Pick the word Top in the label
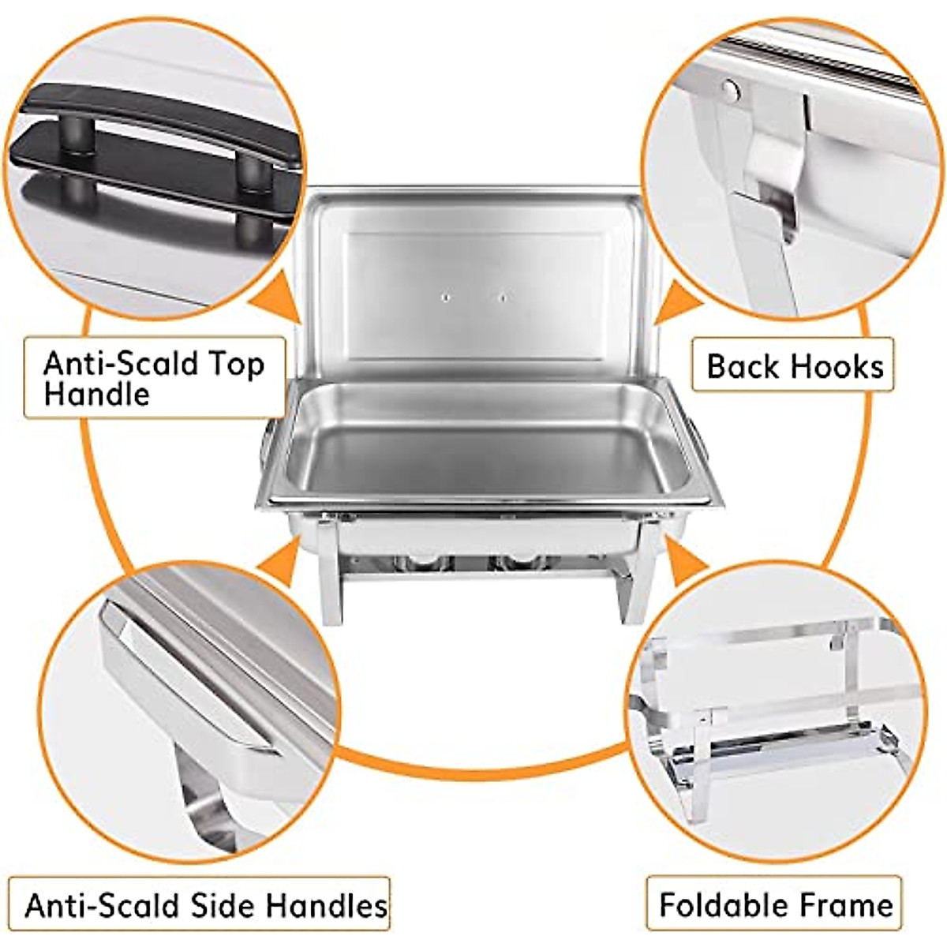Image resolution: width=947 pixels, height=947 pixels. tap(236, 364)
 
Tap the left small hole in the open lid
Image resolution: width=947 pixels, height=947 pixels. tap(445, 298)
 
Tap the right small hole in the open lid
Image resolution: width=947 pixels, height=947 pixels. tap(502, 298)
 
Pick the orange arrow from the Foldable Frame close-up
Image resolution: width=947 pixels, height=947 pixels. tap(685, 556)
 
